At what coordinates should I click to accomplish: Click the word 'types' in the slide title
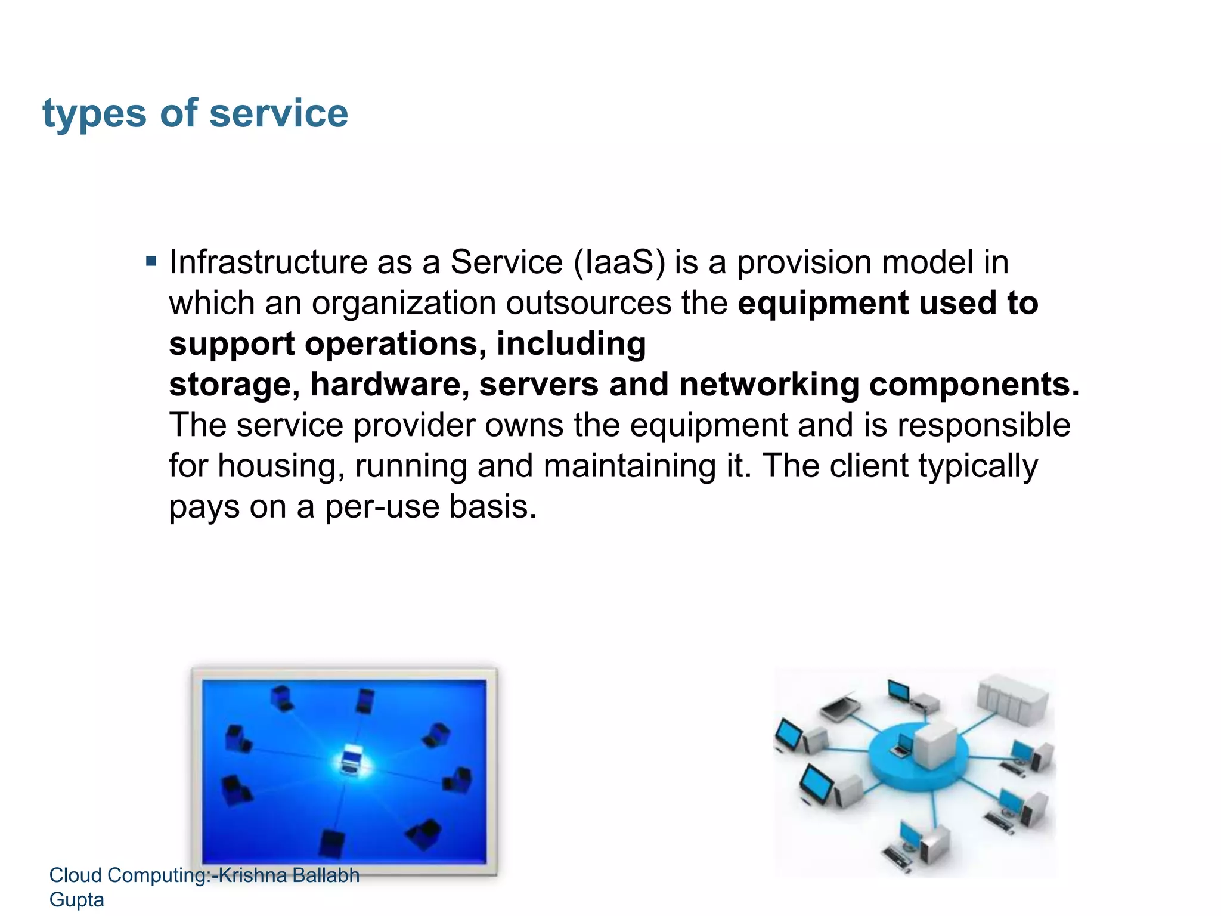[94, 113]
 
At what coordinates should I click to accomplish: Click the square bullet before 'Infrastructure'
[151, 261]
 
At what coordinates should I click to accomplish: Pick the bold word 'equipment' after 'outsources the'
[823, 304]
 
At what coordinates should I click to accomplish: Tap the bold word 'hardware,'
[389, 385]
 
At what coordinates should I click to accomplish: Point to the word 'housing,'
[281, 466]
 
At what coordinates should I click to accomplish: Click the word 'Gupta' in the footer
[76, 899]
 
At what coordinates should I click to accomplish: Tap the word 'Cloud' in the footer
[75, 875]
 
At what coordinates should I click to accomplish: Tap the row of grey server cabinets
[1012, 698]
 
